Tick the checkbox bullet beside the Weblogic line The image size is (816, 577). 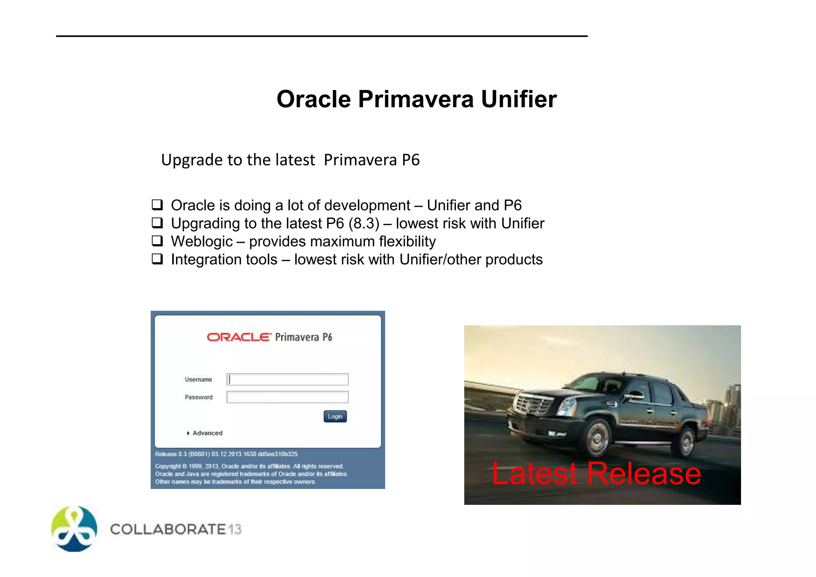[x=157, y=241]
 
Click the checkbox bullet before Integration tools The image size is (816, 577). [x=157, y=259]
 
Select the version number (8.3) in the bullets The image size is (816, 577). [x=364, y=224]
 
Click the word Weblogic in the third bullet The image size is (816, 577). [x=202, y=241]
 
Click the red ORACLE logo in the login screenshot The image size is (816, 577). [x=239, y=337]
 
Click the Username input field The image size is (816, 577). [x=287, y=379]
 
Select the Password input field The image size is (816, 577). [x=287, y=397]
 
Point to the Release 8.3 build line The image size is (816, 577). [x=226, y=454]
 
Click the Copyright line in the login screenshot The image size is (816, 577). [x=249, y=466]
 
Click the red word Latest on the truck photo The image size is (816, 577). [x=534, y=473]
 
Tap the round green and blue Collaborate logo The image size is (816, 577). [x=74, y=529]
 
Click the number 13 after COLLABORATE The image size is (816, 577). [x=235, y=530]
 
